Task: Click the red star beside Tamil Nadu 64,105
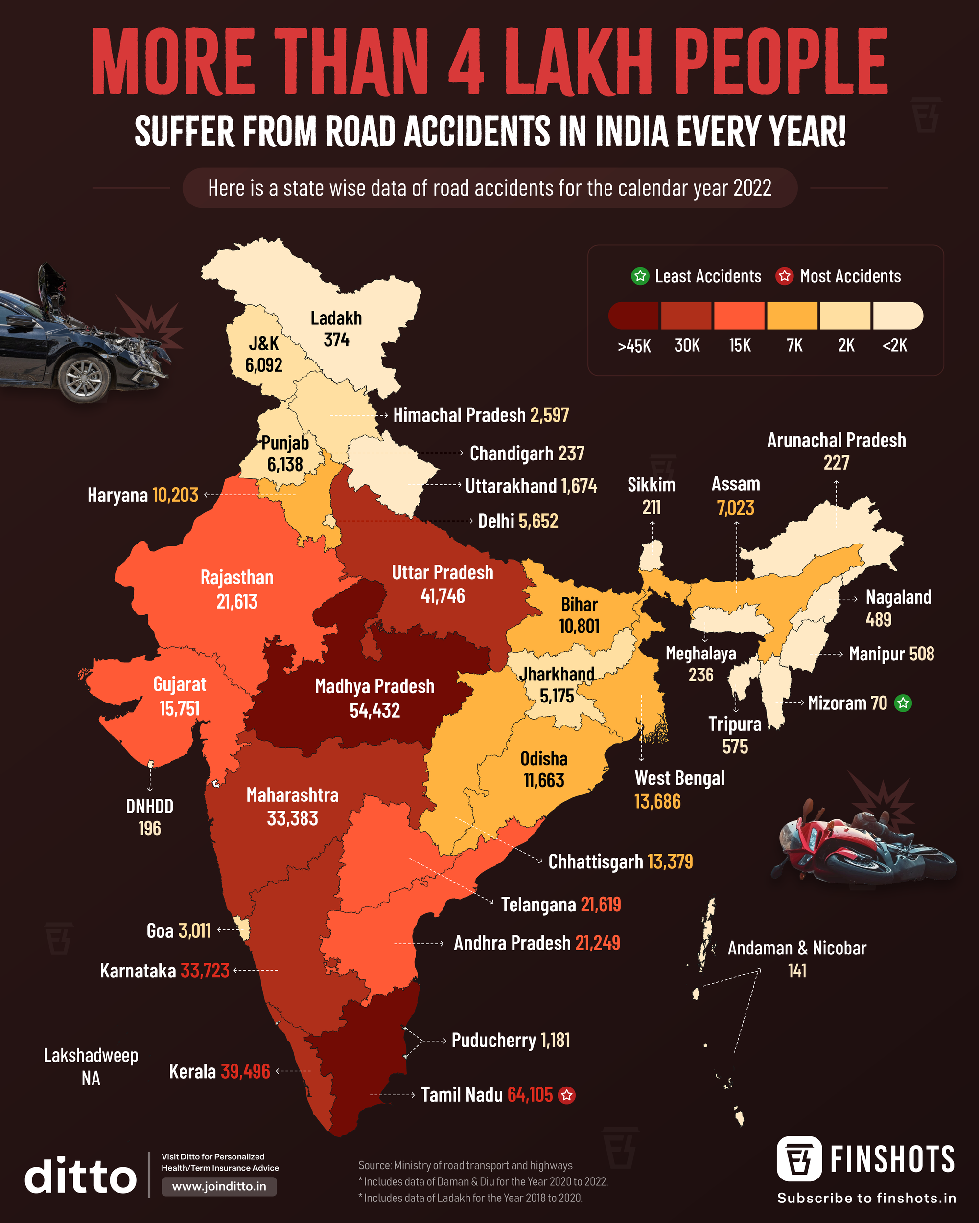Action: pyautogui.click(x=566, y=1095)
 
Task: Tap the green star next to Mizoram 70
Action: pyautogui.click(x=903, y=703)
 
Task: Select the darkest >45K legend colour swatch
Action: pyautogui.click(x=633, y=316)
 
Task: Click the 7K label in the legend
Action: pyautogui.click(x=794, y=345)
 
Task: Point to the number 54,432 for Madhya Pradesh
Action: pyautogui.click(x=374, y=710)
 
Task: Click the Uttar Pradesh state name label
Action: pyautogui.click(x=442, y=572)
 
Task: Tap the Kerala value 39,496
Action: pyautogui.click(x=245, y=1071)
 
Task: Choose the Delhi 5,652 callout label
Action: pyautogui.click(x=517, y=521)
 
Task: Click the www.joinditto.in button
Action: pyautogui.click(x=219, y=1187)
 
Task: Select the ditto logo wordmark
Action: pyautogui.click(x=81, y=1177)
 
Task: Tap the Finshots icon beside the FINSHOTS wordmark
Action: pyautogui.click(x=798, y=1158)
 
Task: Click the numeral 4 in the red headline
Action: pyautogui.click(x=466, y=61)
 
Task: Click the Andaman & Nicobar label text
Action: pyautogui.click(x=797, y=948)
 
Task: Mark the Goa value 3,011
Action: pyautogui.click(x=195, y=931)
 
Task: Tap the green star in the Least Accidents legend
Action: pyautogui.click(x=640, y=276)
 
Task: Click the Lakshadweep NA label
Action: pyautogui.click(x=91, y=1066)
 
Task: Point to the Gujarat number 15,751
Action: pyautogui.click(x=179, y=708)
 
